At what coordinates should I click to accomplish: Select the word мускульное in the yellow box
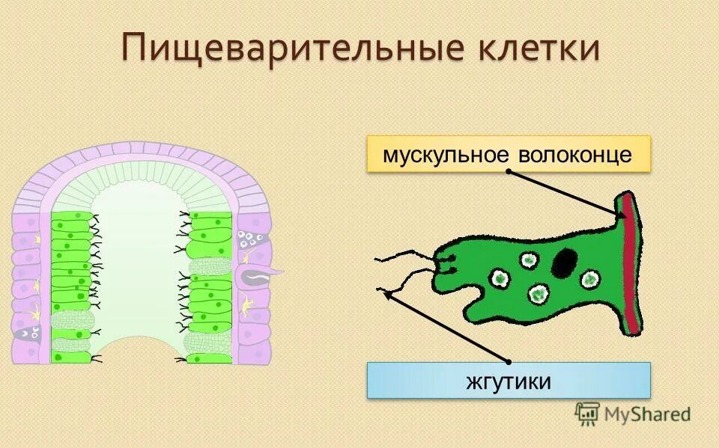pos(445,155)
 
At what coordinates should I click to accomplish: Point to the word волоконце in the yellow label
pos(575,155)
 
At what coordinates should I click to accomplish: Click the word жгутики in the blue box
pos(509,381)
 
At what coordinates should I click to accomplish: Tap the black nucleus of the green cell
pos(565,263)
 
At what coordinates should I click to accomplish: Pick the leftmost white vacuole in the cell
pos(499,278)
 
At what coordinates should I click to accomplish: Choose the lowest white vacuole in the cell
pos(539,293)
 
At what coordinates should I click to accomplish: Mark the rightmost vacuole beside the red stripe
pos(590,279)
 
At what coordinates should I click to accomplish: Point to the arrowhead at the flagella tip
pos(387,294)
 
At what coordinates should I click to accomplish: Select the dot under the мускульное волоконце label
pos(509,171)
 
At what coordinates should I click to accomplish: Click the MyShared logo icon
pos(587,412)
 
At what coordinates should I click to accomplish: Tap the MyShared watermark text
pos(648,413)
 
